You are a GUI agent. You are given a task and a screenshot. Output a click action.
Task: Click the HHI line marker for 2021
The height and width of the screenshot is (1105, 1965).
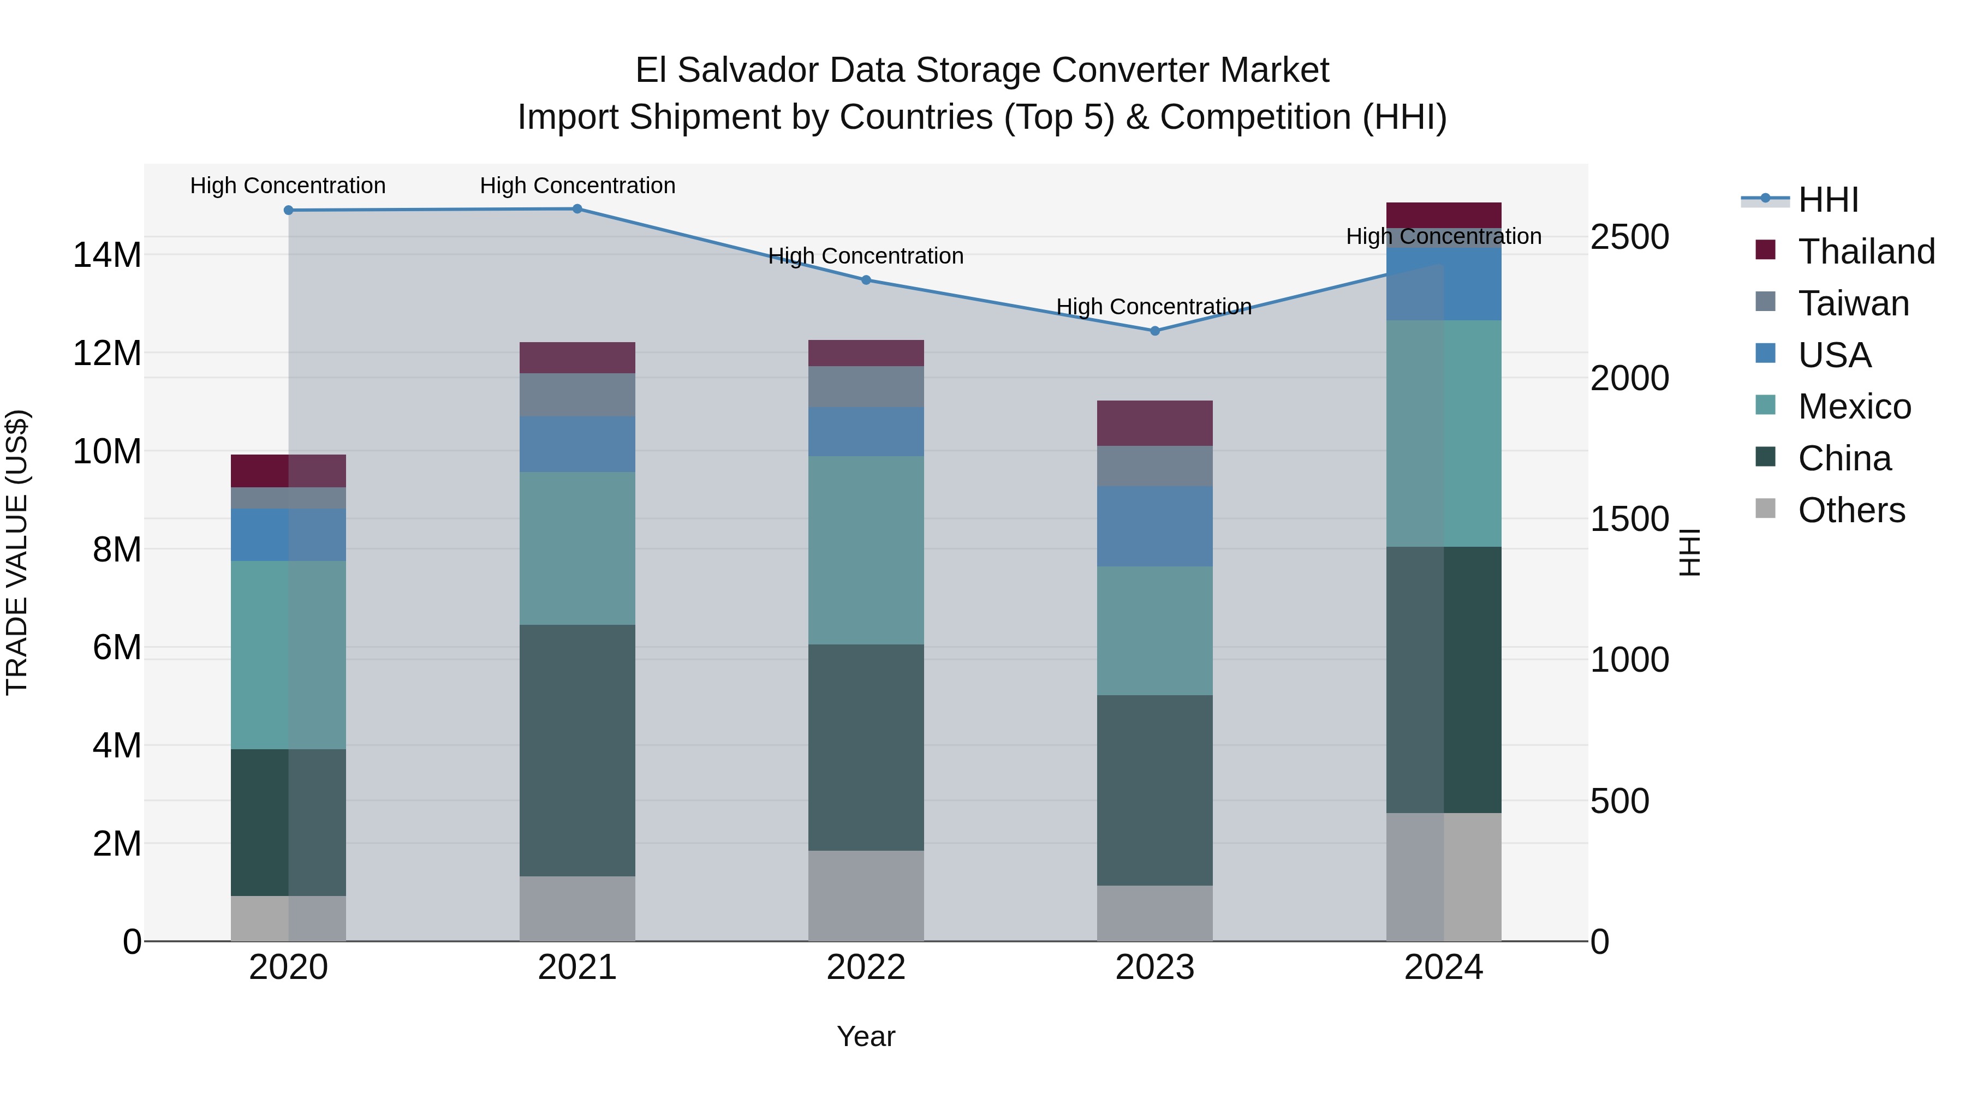[577, 209]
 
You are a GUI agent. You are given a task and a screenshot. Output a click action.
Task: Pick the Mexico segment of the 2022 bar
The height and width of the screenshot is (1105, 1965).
[866, 550]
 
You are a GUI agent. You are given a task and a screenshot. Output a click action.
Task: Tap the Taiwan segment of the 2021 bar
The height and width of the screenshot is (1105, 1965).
[577, 395]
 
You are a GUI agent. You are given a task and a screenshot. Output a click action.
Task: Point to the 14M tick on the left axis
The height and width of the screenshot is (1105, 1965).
[107, 255]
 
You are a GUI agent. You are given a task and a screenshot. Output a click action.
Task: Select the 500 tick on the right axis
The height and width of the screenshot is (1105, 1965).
[1619, 801]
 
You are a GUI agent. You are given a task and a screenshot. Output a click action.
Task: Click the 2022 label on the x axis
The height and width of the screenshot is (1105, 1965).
[866, 967]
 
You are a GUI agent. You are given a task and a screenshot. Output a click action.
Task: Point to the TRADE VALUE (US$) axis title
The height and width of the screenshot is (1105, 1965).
[17, 552]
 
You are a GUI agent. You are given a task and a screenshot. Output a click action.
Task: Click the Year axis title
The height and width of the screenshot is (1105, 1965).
[866, 1036]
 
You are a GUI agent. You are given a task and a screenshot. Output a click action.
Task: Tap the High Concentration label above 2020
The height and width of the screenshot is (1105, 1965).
[288, 186]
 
